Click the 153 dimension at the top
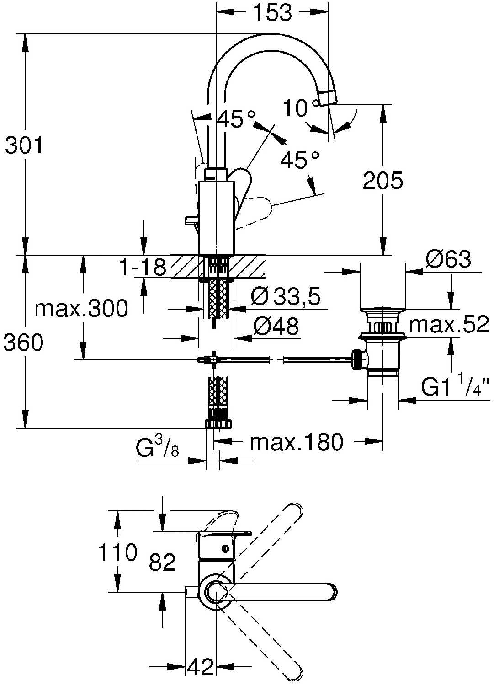[273, 12]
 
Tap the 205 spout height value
[383, 180]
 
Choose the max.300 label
[81, 308]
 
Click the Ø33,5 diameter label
[286, 296]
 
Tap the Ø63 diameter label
[448, 259]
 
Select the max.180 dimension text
[296, 442]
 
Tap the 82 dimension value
[162, 562]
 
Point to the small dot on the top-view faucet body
[225, 548]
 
